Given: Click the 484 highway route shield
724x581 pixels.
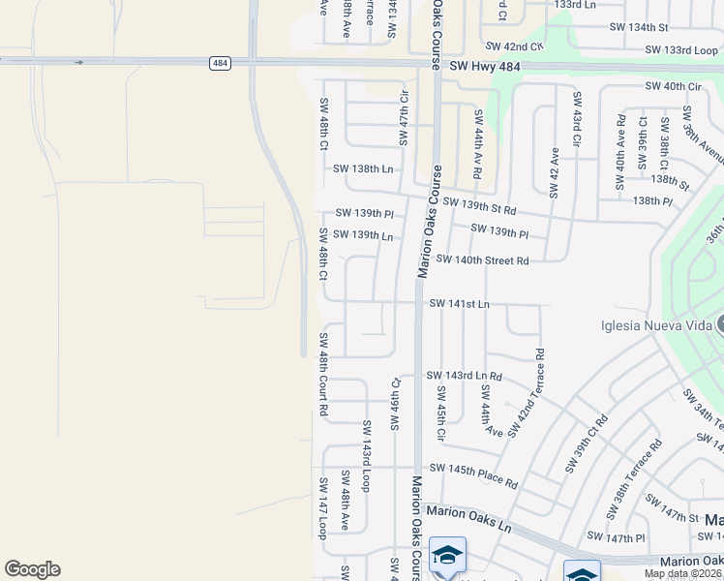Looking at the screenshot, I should pos(220,63).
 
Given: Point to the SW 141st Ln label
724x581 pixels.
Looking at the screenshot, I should pos(459,304).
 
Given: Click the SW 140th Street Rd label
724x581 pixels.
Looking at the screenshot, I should pos(482,260).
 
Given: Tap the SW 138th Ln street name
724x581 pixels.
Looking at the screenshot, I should pos(363,168).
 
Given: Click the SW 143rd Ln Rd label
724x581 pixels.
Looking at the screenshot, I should pos(464,375).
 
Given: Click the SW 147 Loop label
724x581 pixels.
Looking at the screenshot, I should pos(323,507).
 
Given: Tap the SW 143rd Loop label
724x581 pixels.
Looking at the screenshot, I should pos(367,455).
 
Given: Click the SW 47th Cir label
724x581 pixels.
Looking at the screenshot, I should pos(405,117).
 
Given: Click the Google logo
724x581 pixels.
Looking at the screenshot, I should pos(32,569).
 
